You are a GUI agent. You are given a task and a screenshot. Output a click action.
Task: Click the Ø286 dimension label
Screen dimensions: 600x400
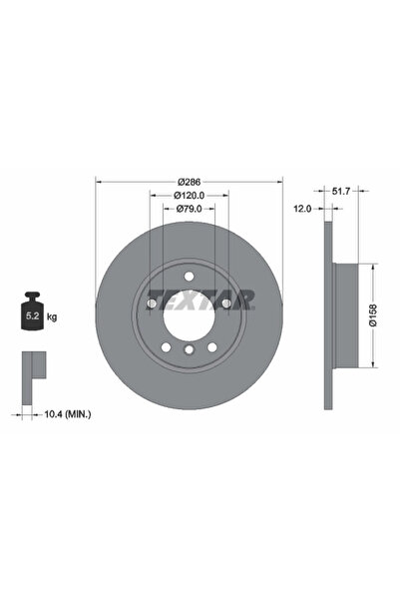[x=190, y=181]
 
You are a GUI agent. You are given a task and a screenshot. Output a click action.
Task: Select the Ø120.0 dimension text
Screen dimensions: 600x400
[x=190, y=196]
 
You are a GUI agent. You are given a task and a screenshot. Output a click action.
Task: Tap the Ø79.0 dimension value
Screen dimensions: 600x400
[x=190, y=210]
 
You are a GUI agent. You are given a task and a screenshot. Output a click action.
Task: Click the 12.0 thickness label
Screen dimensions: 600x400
[x=303, y=208]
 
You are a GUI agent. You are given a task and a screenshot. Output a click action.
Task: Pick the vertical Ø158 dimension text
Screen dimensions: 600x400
[x=372, y=314]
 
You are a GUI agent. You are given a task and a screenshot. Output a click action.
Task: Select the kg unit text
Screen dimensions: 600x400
[x=51, y=316]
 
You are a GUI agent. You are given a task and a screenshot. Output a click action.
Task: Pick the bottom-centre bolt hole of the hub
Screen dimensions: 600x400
[x=189, y=350]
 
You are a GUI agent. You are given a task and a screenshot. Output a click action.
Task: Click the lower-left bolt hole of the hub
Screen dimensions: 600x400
[x=166, y=344]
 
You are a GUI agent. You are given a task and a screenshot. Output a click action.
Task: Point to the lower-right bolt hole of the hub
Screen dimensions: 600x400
[x=212, y=344]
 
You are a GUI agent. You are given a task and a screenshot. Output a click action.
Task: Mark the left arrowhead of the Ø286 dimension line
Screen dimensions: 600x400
[x=98, y=181]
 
